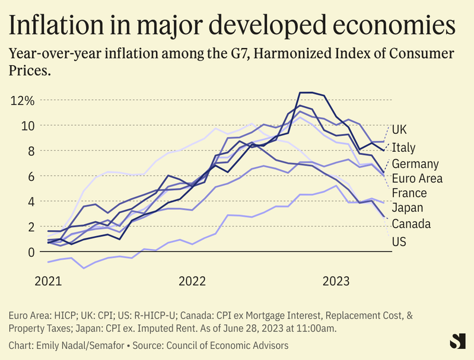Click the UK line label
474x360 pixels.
399,129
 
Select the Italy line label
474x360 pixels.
403,148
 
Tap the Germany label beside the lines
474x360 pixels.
415,164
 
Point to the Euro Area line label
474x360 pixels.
417,178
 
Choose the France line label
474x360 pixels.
409,193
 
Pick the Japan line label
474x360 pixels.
406,208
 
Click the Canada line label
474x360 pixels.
411,224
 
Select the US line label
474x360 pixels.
399,242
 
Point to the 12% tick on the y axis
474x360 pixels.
22,100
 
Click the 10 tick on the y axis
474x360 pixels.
28,126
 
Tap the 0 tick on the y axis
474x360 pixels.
31,252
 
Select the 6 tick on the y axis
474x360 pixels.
31,176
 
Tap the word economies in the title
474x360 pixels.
395,26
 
